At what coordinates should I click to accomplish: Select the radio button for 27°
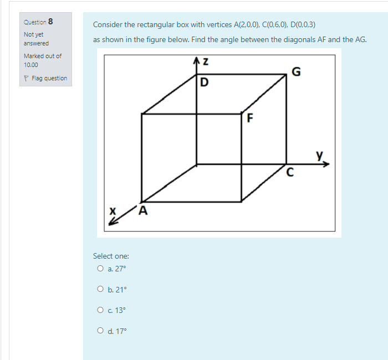[x=100, y=269]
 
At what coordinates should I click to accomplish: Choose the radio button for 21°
[x=100, y=289]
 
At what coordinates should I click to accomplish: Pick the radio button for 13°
[x=100, y=310]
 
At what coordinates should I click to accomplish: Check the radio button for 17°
[x=100, y=331]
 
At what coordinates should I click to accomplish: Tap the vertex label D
[x=205, y=84]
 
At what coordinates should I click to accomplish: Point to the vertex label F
[x=249, y=118]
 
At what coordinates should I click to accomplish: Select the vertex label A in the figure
[x=144, y=210]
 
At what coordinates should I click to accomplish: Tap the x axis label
[x=113, y=210]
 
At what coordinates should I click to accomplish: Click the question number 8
[x=50, y=22]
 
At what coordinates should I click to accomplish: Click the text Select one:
[x=111, y=256]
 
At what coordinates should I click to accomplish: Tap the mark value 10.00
[x=32, y=65]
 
